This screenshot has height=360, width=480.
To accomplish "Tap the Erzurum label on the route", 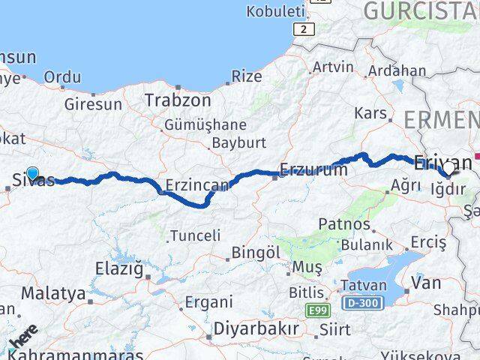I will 313,170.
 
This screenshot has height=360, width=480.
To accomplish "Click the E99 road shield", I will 317,309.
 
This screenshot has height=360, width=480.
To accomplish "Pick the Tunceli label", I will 195,235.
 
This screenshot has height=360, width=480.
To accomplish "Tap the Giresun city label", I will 92,104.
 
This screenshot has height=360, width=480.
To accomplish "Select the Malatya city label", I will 52,292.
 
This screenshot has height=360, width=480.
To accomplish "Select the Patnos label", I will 344,223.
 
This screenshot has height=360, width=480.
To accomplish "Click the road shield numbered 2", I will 302,28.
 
